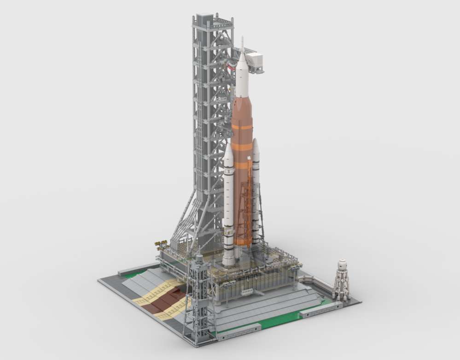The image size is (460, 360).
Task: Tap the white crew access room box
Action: pyautogui.click(x=255, y=60)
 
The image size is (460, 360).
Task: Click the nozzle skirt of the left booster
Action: pyautogui.click(x=228, y=261)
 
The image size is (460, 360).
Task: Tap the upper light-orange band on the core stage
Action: pyautogui.click(x=242, y=127)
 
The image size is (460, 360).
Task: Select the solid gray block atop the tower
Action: pyautogui.click(x=203, y=20)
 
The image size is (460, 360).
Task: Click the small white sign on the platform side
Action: pyautogui.click(x=247, y=291)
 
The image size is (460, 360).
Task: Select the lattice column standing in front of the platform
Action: pyautogui.click(x=198, y=295)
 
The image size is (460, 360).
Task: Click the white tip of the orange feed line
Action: pyautogui.click(x=249, y=158)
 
